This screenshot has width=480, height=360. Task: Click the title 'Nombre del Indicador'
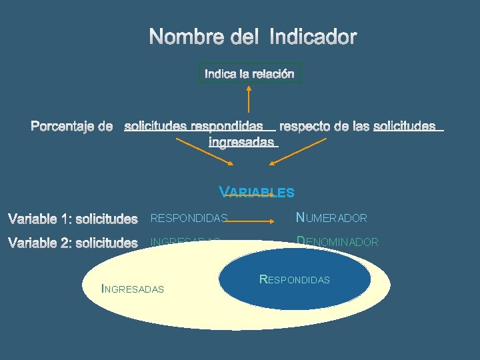point(253,37)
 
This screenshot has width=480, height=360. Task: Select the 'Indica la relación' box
point(249,73)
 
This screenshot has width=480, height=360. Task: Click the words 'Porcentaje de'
point(72,126)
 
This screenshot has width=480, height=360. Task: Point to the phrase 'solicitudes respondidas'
point(193,125)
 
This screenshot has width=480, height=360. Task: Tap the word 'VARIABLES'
point(257,193)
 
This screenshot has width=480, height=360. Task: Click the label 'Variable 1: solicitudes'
point(73,219)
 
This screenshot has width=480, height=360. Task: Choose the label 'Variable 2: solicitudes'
point(73,243)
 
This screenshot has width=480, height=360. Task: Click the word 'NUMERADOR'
point(331,218)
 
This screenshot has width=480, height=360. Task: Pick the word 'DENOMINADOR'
point(337,243)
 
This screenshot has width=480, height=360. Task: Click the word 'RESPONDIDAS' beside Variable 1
point(189,218)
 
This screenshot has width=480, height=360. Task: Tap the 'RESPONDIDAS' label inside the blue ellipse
point(294,279)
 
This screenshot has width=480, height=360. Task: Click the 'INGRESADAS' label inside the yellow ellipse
point(132,289)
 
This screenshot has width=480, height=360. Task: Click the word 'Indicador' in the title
point(313,37)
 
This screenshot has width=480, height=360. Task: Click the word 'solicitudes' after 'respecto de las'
point(405,125)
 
